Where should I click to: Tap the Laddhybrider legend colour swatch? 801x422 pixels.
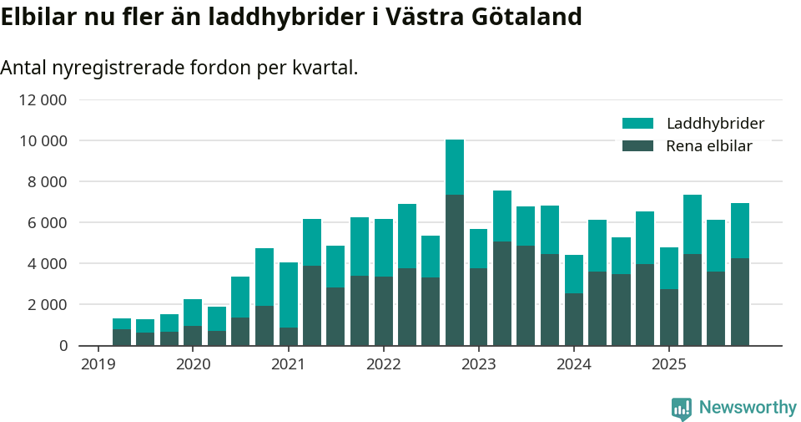tap(637, 124)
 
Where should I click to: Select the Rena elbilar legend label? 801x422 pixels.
tap(709, 146)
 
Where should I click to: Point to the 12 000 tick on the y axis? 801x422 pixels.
tap(42, 100)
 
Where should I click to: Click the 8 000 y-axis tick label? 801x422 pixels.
tap(47, 182)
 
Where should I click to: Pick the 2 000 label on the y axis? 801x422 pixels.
tap(47, 305)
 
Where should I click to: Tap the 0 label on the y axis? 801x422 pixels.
tap(63, 346)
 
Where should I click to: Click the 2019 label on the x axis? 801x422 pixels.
tap(98, 364)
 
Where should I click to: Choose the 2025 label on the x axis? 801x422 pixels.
tap(668, 364)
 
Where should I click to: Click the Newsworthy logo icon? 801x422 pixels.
tap(681, 408)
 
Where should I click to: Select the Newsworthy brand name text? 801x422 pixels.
tap(748, 408)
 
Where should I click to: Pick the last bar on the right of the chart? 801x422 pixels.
tap(740, 276)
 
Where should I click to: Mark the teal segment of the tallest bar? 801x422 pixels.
tap(455, 167)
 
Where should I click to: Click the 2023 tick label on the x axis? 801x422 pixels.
tap(478, 364)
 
